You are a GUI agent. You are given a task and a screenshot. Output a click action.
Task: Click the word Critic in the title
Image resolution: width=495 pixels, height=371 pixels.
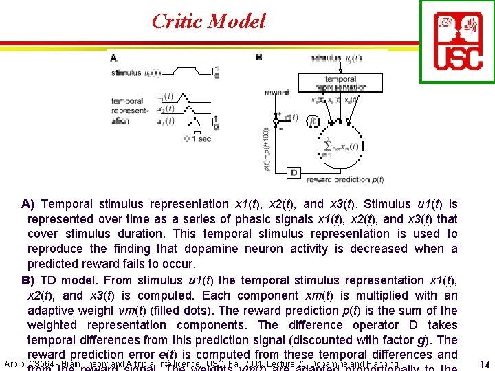[177, 21]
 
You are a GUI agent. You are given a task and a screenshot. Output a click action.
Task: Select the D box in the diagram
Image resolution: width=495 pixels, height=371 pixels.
[294, 172]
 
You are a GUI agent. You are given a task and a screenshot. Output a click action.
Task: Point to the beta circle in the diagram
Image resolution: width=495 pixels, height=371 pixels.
[313, 121]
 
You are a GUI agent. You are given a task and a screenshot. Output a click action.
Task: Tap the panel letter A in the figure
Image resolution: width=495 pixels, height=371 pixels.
[113, 58]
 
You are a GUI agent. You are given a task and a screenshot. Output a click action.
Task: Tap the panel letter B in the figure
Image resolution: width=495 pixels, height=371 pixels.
[258, 57]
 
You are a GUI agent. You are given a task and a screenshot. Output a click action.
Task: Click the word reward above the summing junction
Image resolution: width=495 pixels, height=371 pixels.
[276, 92]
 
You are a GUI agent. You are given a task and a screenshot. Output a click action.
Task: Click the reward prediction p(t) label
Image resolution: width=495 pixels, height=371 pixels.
[346, 180]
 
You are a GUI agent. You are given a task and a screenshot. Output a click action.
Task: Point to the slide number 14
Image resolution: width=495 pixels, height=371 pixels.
[484, 365]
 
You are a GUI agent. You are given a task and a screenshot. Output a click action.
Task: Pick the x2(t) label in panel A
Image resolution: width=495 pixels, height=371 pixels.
[166, 109]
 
